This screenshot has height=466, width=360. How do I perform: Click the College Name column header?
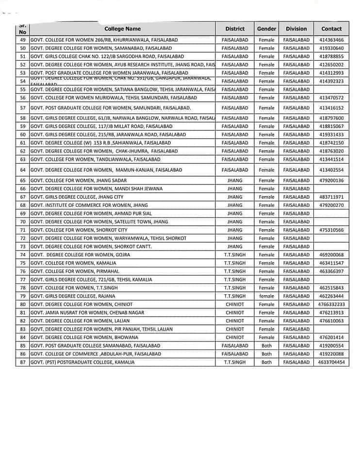coord(123,29)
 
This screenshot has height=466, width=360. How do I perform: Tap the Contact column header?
coord(331,29)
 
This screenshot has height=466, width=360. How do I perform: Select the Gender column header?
coord(266,29)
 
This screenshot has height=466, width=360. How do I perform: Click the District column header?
coord(235,29)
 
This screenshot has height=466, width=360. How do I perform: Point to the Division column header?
coord(296,29)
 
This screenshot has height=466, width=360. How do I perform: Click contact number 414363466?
coord(331,40)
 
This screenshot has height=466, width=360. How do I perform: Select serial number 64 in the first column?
coord(23,170)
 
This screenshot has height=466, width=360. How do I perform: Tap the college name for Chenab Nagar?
coord(87,313)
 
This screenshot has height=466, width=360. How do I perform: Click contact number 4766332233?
coord(331,304)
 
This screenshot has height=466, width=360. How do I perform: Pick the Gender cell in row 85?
coord(266,346)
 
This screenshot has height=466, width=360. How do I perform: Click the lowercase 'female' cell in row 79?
coord(266,296)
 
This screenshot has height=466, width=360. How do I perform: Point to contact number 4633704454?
coord(331,362)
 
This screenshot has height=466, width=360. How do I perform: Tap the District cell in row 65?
coord(235,181)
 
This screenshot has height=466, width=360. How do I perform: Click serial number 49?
coord(23,40)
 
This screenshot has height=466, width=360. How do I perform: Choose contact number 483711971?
coord(331,197)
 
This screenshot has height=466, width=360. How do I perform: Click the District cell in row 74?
coord(235,255)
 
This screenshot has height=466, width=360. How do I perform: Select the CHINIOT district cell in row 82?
coord(235,321)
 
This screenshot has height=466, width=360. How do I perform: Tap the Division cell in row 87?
coord(296,362)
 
